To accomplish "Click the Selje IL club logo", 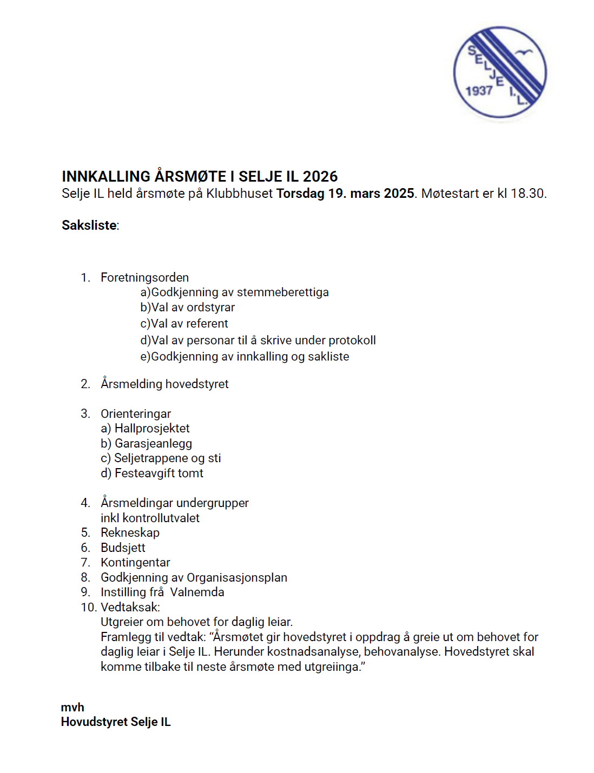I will coord(500,72).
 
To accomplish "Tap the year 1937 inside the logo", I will coord(479,91).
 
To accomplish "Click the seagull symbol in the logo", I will coord(524,52).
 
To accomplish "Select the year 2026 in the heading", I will coord(320,177).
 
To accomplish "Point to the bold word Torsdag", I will coord(300,194).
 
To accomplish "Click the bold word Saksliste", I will coord(89,225).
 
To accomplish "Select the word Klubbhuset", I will coord(239,194).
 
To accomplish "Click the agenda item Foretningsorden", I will coord(144,278).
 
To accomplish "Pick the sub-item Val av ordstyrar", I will coord(193,308).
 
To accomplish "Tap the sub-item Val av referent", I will coord(189,324).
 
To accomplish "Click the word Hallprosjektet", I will coord(152,429).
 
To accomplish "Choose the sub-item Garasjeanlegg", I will coord(153,444).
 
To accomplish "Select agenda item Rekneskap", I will coord(130,533).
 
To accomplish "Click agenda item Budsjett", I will coord(123,548).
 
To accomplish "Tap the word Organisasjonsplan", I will coord(237,578).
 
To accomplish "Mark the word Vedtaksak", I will coord(130,608).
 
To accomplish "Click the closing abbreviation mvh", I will coord(72,708).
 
